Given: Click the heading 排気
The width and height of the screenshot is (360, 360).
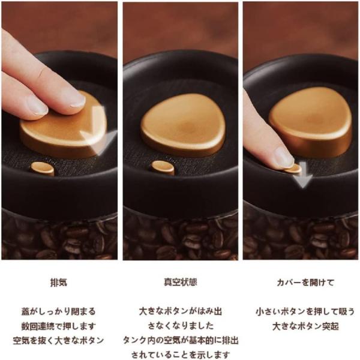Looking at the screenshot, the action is point(59,282).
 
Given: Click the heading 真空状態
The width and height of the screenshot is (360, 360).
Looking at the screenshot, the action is point(180,282).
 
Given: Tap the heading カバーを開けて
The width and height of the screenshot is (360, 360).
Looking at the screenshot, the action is point(305,283).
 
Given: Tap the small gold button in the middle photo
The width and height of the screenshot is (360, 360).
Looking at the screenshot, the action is point(163,167).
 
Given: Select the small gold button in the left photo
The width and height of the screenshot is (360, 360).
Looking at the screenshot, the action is point(43,169).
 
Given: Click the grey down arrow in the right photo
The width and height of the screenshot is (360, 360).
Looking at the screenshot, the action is point(303,175).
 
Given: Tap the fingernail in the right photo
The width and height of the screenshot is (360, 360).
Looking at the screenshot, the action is point(284,157).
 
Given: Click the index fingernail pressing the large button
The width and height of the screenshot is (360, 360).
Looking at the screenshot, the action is point(77,99).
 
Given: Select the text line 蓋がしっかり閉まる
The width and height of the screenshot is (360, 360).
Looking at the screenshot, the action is point(58,311).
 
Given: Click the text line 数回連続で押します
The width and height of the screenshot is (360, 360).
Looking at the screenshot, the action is point(58,326).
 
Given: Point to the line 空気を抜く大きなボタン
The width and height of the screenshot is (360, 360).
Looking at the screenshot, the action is point(58,340).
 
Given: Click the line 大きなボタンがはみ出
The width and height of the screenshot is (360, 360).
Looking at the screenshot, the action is point(181,311).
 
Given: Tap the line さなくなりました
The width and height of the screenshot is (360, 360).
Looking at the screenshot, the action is point(181,326).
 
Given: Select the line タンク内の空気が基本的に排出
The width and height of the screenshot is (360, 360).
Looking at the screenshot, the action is point(181,340).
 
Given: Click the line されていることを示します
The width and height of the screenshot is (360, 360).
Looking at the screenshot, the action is point(181,355).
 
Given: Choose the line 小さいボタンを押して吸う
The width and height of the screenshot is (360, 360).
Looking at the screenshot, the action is point(305,312).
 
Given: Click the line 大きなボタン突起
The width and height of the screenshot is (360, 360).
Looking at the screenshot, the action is point(305,326).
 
